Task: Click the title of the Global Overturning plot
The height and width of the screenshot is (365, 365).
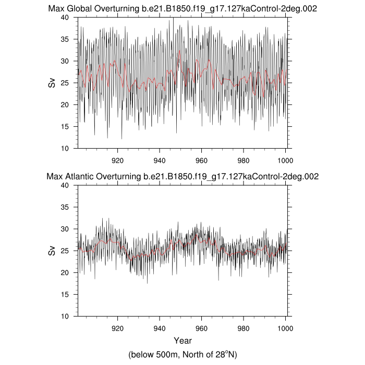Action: (x=183, y=9)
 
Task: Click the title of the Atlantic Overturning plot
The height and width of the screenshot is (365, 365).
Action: (x=183, y=177)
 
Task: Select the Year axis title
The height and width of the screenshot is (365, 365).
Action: (x=182, y=341)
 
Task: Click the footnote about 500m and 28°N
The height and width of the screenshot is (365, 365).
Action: (x=182, y=354)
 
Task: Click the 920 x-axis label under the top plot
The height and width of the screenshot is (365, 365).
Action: (x=117, y=160)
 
